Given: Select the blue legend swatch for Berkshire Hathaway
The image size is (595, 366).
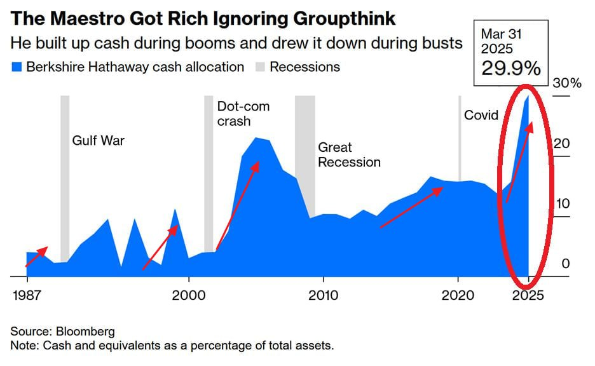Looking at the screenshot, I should coord(17,67).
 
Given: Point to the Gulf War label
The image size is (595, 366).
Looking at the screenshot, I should coord(98,140).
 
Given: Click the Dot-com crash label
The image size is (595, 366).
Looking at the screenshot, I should coord(243,113).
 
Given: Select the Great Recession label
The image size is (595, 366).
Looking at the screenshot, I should coord(349,154).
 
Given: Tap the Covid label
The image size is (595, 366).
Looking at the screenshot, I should coord(481,115).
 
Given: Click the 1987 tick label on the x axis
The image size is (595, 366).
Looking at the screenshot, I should coord(27,295).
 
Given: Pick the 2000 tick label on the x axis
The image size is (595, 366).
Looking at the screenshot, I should coord(189,295).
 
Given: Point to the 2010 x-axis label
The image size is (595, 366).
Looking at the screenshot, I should coord(324,295).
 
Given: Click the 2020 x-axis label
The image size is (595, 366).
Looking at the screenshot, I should coord(458,295).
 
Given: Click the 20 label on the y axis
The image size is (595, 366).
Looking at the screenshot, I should coord(561,144).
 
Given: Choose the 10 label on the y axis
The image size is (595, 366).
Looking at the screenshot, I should coord(561,204).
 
